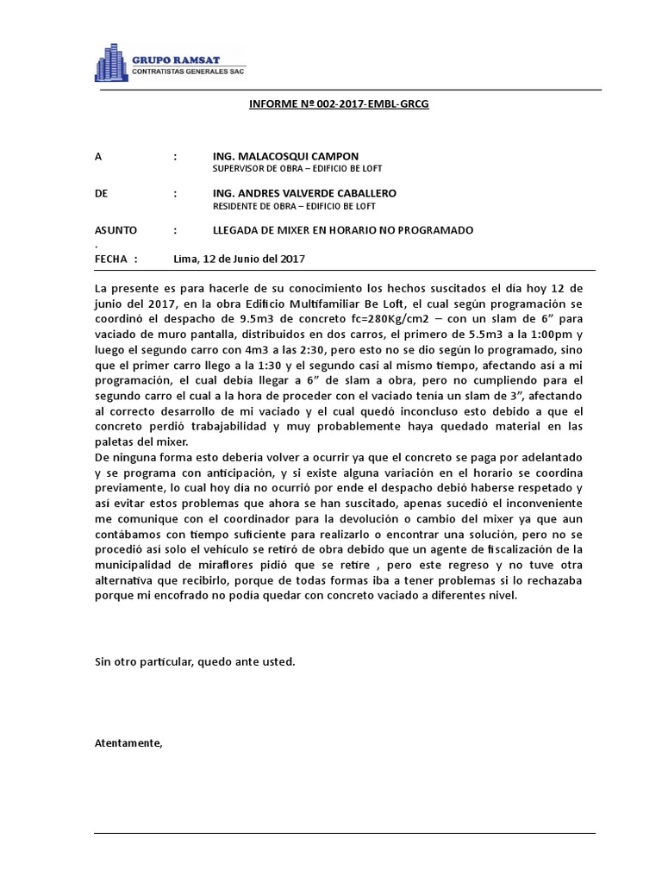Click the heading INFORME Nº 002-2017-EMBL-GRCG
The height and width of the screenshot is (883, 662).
pos(339,103)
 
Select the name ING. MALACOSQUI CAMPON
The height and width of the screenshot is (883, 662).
pos(285,156)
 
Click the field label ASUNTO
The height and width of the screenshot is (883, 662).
pos(114,230)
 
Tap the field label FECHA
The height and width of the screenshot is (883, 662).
pos(110,258)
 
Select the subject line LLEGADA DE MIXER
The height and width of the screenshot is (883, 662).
pos(343,230)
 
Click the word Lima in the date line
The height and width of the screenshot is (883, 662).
pos(185,258)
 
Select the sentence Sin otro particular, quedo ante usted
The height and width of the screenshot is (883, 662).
pos(194,661)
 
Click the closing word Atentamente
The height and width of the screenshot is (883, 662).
pos(128,742)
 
